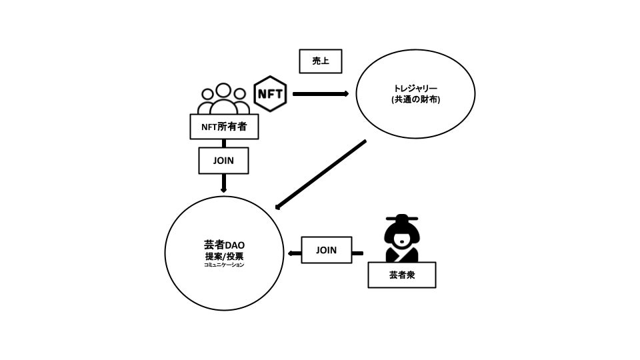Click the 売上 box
click(321, 61)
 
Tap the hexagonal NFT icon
click(270, 93)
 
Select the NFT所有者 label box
click(224, 126)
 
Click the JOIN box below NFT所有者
click(223, 161)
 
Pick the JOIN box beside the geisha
click(326, 250)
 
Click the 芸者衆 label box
click(401, 275)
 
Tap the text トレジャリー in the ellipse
click(415, 88)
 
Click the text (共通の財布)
click(415, 99)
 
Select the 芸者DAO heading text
click(224, 245)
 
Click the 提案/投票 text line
click(224, 256)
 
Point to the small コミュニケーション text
click(224, 265)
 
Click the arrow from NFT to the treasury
click(320, 94)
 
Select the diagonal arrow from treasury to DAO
click(321, 175)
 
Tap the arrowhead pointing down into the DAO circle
click(223, 190)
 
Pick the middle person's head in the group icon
click(223, 90)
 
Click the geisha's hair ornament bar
click(401, 218)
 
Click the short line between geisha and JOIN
click(357, 253)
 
